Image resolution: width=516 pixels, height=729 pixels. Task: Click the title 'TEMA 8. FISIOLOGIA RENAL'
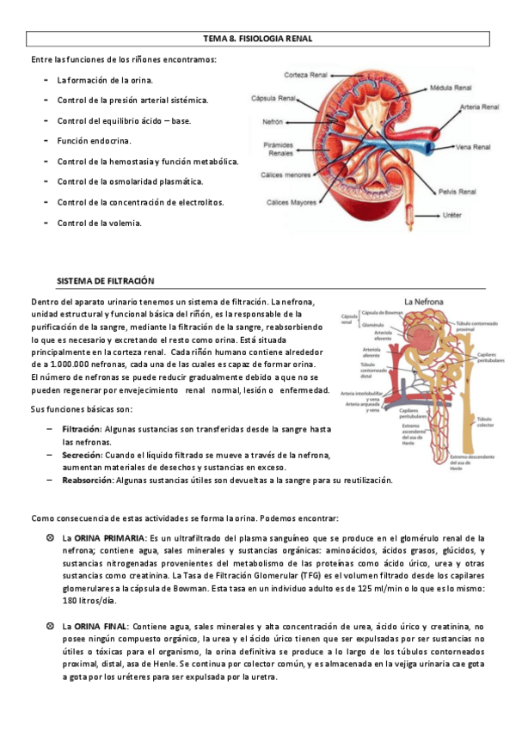coord(257,39)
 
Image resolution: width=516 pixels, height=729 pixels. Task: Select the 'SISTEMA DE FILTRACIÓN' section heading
coord(105,281)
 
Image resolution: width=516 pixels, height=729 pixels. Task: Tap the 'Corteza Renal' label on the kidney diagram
coord(302,74)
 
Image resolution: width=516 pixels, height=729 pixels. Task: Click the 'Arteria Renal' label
coord(480,107)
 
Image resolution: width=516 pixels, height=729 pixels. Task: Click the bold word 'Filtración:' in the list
coord(82,427)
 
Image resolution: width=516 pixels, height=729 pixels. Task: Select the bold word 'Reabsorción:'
coord(87,480)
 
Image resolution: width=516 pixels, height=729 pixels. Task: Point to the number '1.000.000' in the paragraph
coord(71,364)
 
